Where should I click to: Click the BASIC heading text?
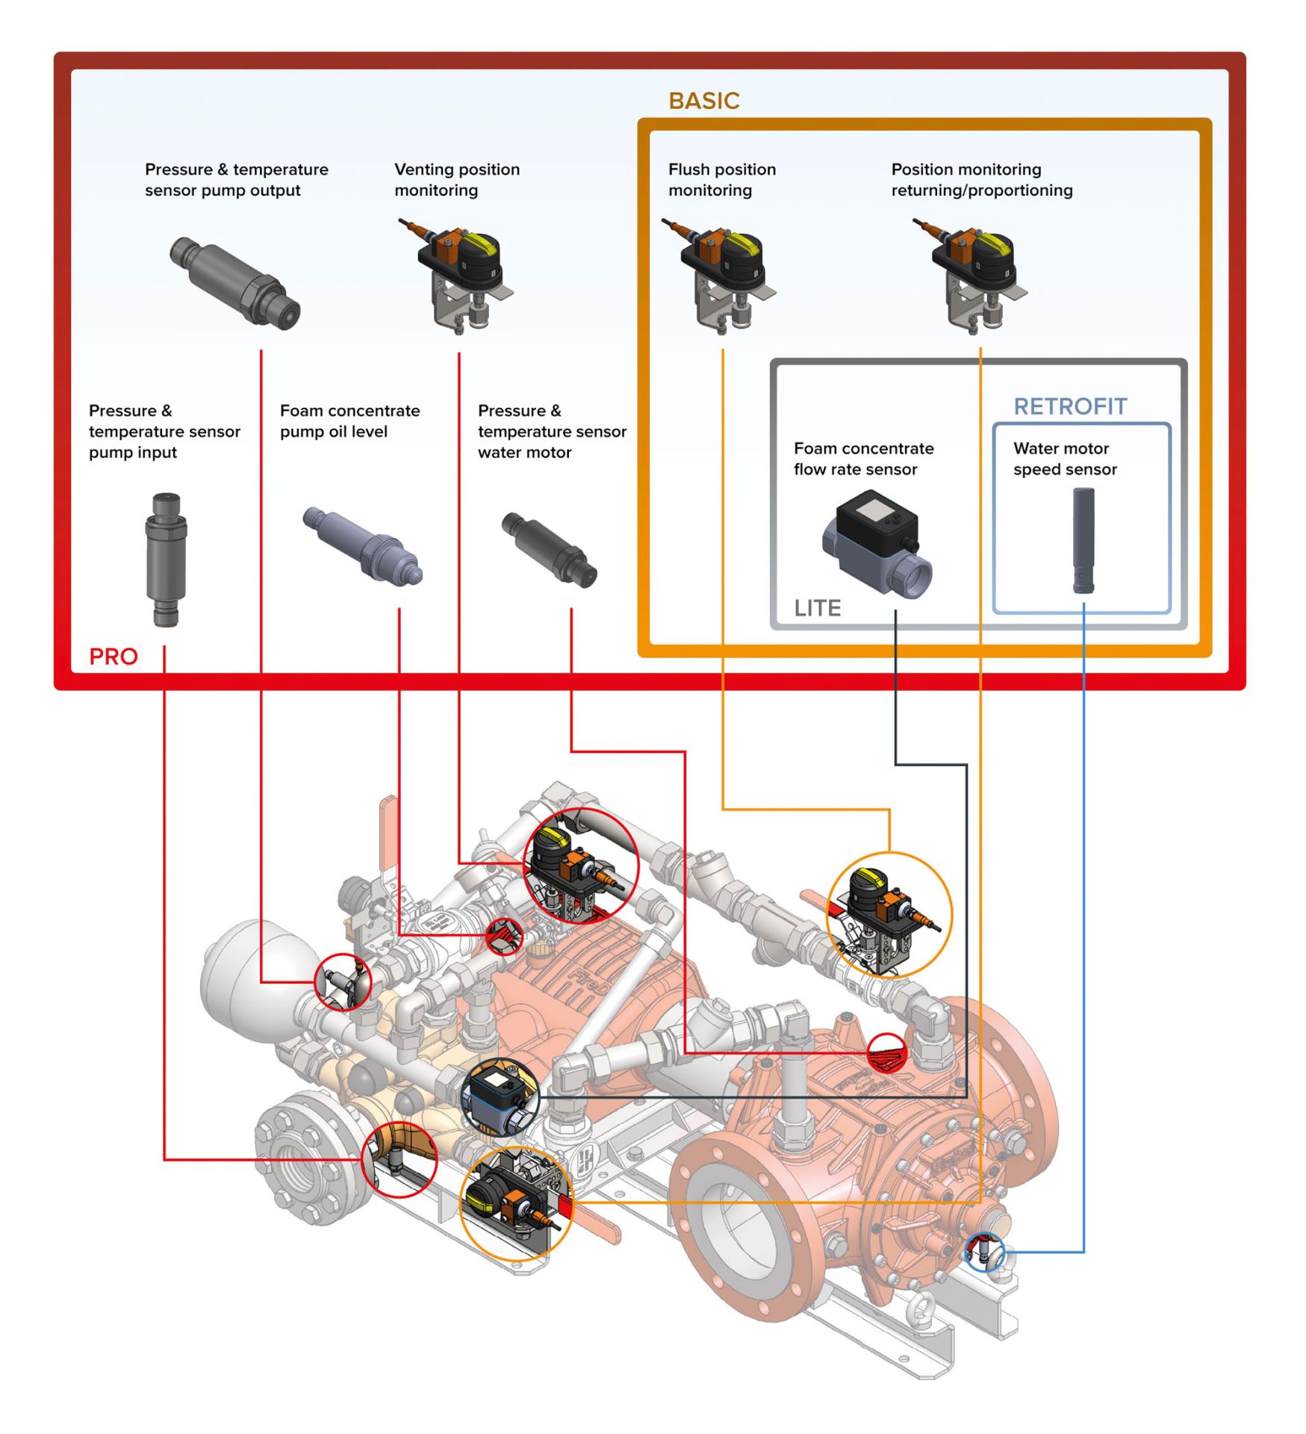703,101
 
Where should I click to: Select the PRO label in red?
114,657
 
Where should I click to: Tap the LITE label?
817,608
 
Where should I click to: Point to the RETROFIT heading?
1069,406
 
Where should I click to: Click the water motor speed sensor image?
1083,540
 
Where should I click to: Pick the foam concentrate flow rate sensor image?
877,542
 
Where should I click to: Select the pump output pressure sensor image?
234,283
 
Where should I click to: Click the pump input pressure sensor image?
165,559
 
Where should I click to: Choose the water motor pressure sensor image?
549,550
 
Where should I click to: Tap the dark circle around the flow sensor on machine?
499,1096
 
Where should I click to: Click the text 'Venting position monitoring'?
456,180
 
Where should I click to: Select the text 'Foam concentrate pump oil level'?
349,421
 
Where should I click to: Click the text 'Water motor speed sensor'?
1064,459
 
